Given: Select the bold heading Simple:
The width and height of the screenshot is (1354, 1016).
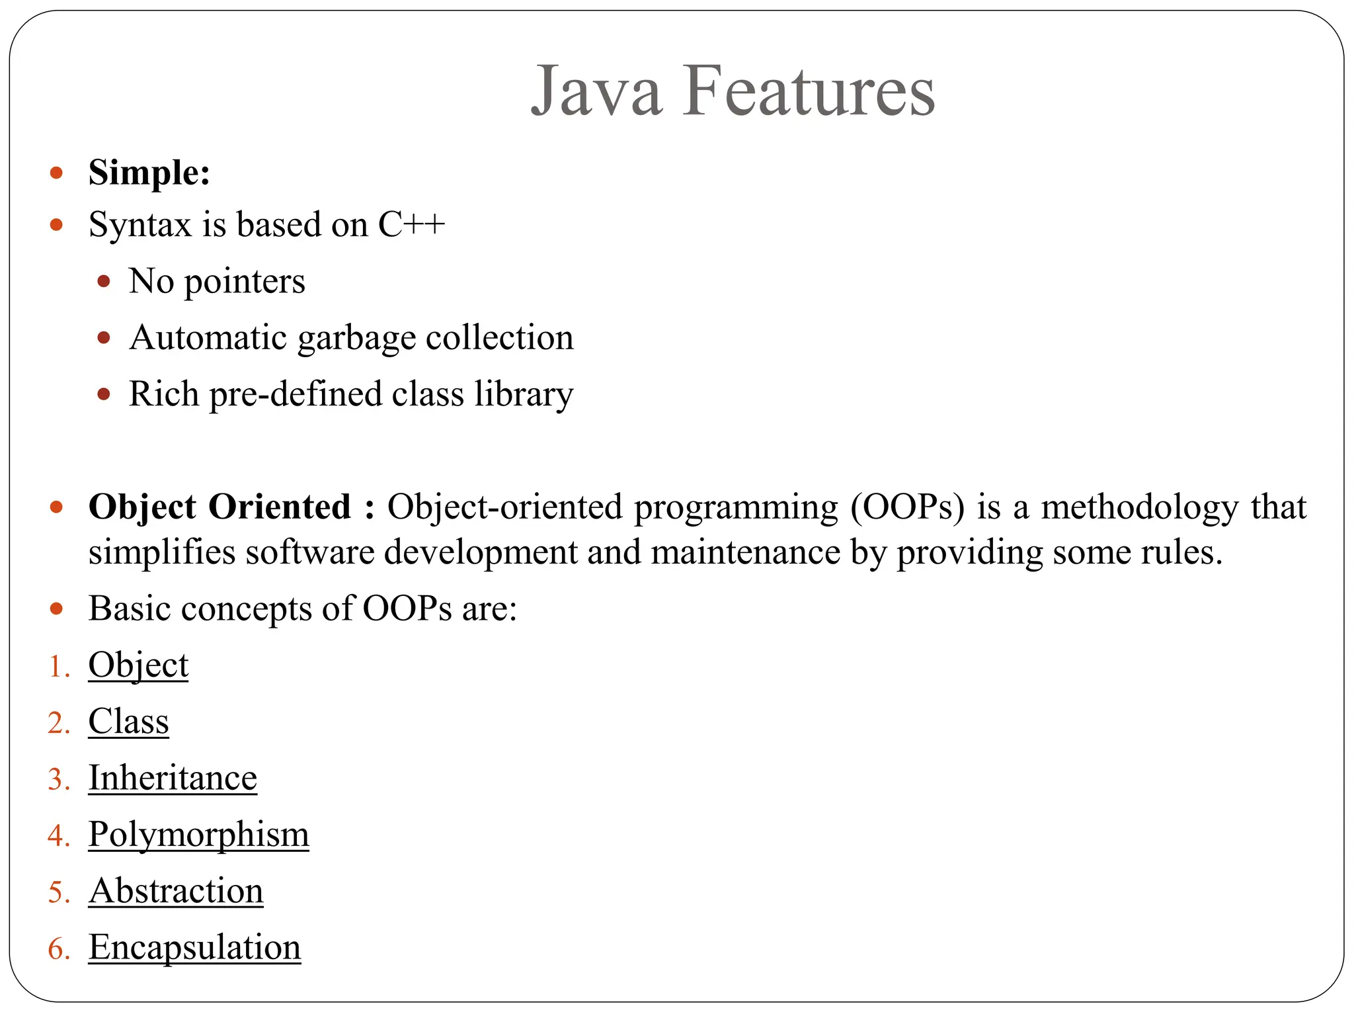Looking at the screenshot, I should click(149, 173).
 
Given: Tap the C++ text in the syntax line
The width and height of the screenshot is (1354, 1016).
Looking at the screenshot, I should click(411, 224).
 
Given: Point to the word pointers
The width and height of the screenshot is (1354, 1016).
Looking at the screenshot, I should click(245, 282).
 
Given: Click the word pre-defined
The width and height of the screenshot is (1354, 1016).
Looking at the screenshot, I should click(296, 394).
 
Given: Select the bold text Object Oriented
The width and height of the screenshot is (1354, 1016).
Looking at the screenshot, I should click(219, 507).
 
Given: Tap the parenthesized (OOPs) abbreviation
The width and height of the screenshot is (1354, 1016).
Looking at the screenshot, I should click(907, 507).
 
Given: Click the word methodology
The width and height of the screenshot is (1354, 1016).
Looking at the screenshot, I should click(1140, 507).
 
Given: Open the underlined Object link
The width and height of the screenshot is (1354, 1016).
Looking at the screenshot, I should click(138, 665).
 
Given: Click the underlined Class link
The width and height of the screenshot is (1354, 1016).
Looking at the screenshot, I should click(128, 722).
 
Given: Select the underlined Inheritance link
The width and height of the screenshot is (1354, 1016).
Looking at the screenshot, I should click(173, 778).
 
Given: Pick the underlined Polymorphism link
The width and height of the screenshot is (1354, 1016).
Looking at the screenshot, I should click(198, 835).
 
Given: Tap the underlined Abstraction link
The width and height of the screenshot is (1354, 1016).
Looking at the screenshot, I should click(176, 891).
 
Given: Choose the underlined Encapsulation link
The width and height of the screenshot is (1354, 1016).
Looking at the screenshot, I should click(194, 947).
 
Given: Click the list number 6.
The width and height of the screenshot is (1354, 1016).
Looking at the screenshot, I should click(56, 949).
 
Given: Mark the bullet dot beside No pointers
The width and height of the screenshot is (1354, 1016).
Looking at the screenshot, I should click(103, 282).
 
